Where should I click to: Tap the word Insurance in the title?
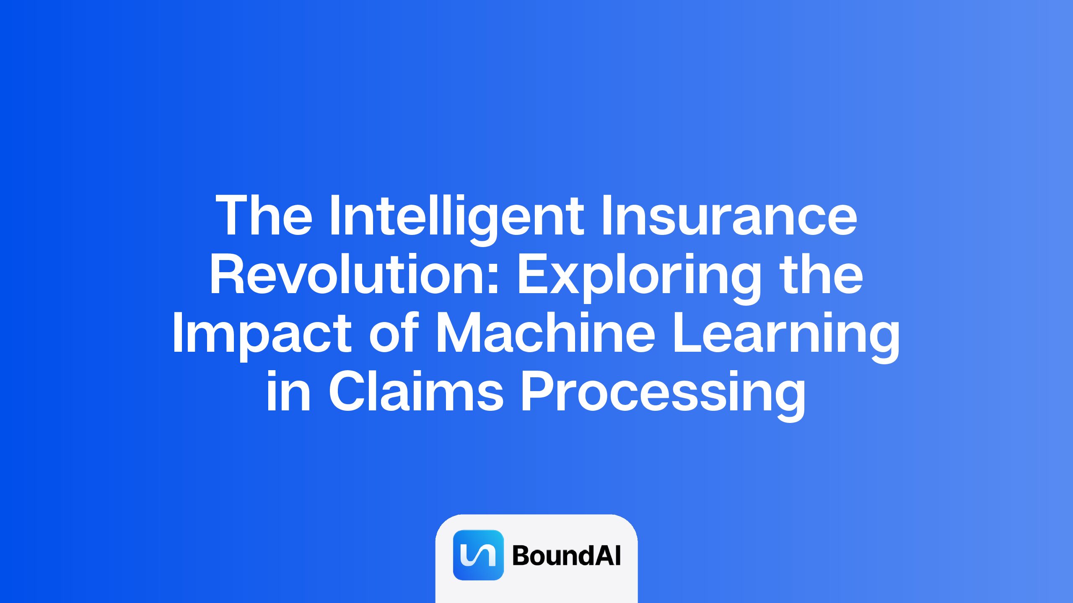pos(729,215)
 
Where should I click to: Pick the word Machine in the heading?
pos(545,332)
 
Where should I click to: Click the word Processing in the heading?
pos(663,395)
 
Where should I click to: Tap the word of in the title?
pos(394,332)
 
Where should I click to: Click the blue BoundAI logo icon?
pos(478,555)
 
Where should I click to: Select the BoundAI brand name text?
pos(566,555)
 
